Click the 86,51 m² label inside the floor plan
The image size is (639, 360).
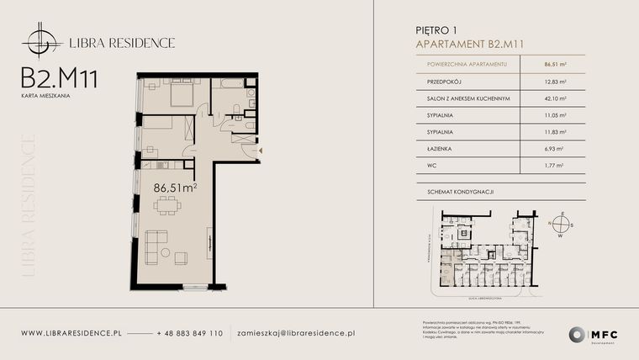[x=175, y=189]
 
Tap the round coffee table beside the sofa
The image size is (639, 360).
[x=166, y=254]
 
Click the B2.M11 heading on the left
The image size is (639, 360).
[x=60, y=79]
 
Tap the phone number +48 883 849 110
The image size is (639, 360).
[x=189, y=333]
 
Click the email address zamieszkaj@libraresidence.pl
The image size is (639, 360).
[x=296, y=333]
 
